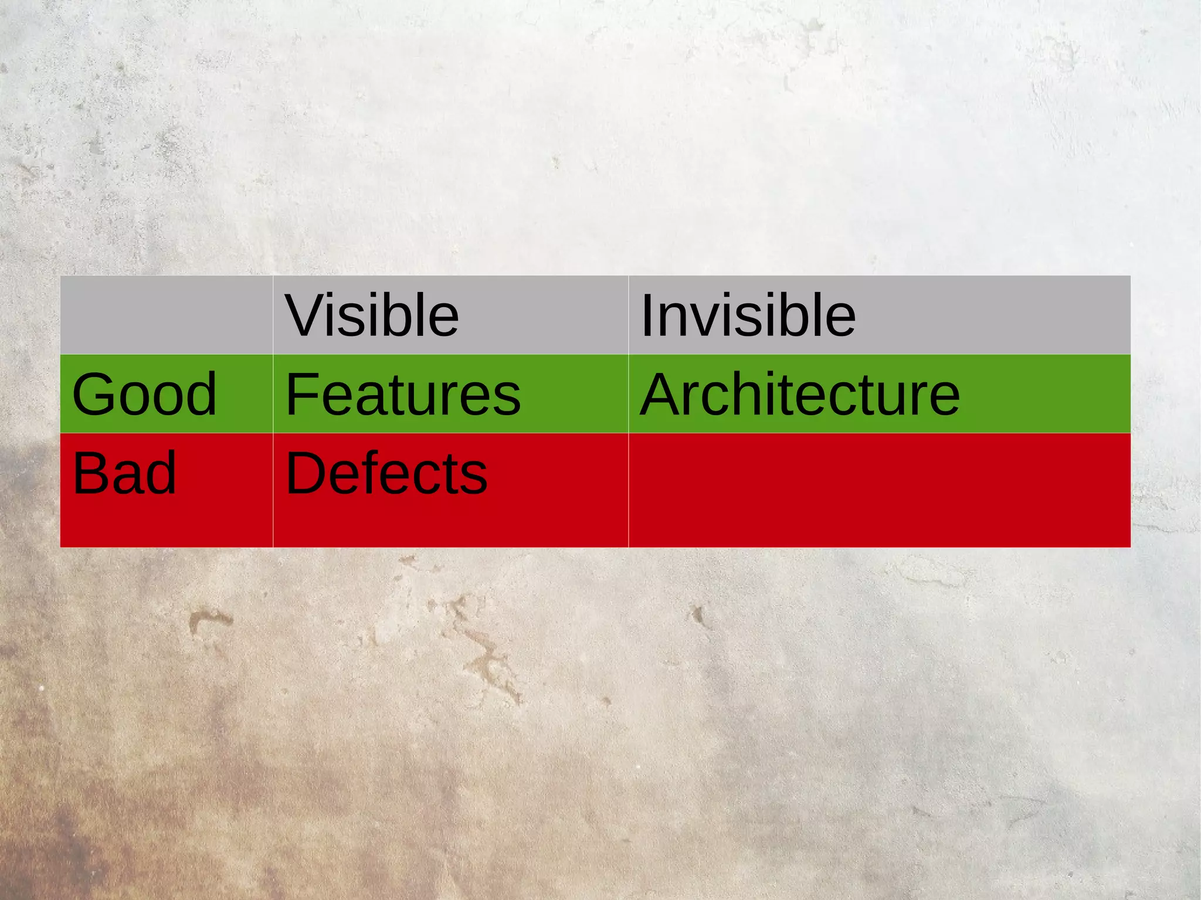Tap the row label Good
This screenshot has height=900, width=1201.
(x=144, y=394)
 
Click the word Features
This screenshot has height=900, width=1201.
(x=403, y=394)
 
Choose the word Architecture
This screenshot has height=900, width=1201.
(x=800, y=394)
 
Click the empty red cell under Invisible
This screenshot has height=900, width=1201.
(x=879, y=490)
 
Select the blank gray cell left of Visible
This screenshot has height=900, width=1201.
(x=167, y=315)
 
